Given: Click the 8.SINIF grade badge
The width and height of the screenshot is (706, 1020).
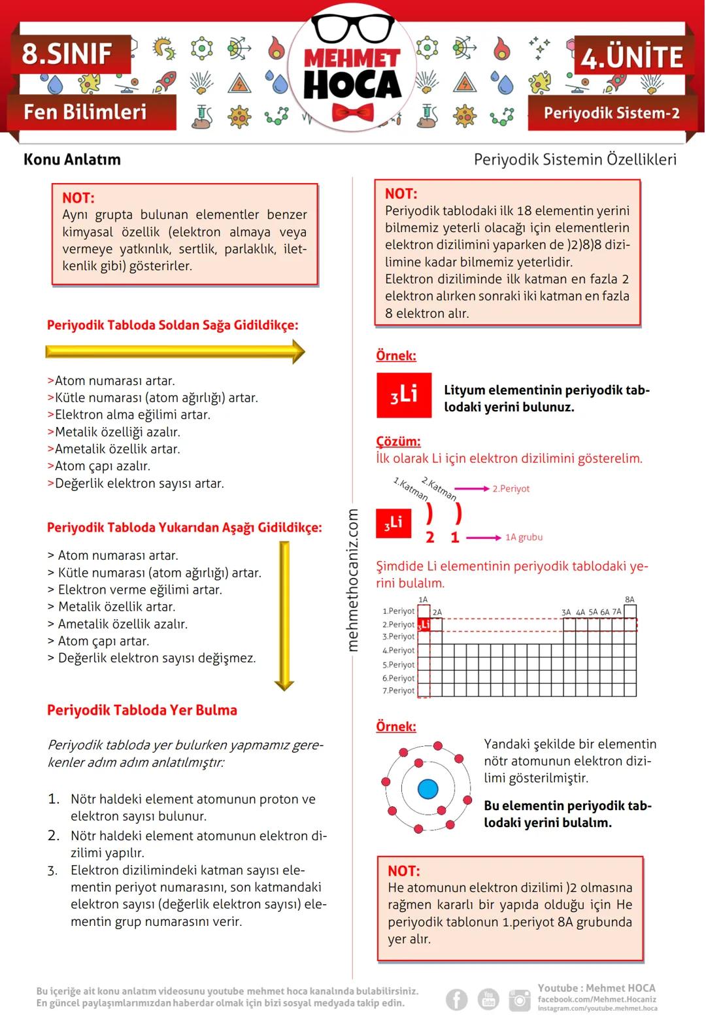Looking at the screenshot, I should [x=68, y=54].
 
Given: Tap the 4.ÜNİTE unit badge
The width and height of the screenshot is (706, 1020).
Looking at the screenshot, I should [x=631, y=57].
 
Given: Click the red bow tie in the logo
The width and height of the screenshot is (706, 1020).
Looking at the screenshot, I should [x=353, y=112].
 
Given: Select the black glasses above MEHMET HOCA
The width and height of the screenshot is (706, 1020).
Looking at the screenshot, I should [x=353, y=28].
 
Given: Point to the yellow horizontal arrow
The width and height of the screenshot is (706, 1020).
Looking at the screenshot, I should [x=175, y=352].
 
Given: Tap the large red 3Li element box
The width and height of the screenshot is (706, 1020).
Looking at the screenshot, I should [x=404, y=395].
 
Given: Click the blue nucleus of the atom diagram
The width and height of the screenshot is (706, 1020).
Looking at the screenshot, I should [x=428, y=789].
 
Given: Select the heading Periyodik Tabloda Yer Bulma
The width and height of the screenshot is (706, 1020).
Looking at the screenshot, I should [x=142, y=710].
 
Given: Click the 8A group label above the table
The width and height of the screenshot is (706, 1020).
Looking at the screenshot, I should [x=630, y=600].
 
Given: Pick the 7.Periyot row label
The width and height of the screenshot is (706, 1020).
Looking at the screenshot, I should [x=399, y=690].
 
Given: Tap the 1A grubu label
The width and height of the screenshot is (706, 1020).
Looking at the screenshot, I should [x=524, y=537].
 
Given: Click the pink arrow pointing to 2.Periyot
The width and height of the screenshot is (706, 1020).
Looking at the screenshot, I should [x=472, y=488].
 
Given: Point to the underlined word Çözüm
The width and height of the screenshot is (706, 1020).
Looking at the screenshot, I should [x=398, y=441].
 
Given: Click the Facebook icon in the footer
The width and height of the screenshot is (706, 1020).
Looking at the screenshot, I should [x=457, y=999].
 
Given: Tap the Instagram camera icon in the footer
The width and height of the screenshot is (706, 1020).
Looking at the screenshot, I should [x=520, y=1000].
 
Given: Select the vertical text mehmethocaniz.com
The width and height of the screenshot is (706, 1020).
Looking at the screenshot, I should [x=353, y=580].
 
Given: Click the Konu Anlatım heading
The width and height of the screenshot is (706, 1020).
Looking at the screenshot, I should [x=72, y=160].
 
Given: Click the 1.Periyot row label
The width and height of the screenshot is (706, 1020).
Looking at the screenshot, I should [x=399, y=611].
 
